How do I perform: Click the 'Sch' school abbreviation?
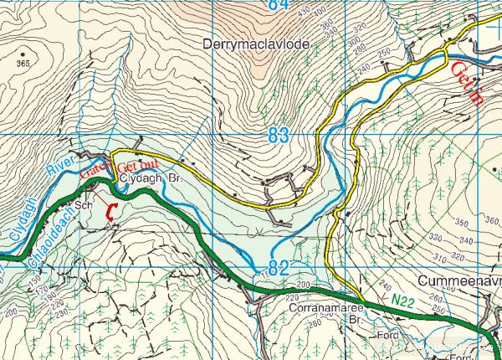click(83, 203)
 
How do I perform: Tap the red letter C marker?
click(110, 213)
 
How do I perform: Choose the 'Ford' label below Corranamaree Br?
click(387, 336)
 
